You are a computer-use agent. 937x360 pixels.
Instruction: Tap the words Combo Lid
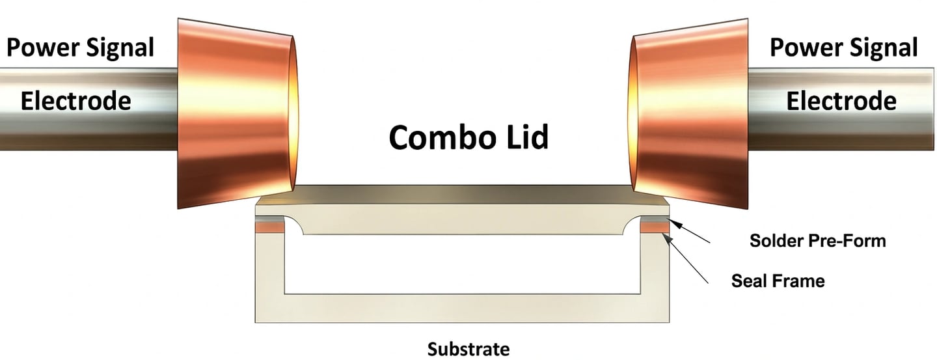point(468,137)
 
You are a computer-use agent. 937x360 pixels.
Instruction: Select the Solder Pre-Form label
point(818,241)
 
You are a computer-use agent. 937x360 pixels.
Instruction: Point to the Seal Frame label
point(778,281)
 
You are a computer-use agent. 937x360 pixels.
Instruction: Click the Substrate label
point(468,348)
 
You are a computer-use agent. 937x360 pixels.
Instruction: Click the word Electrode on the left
point(76,101)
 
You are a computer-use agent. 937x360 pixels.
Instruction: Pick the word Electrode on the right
point(841,101)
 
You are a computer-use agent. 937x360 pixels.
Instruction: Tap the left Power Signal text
point(80,48)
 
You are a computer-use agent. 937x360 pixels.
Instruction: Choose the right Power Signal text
point(843,48)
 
